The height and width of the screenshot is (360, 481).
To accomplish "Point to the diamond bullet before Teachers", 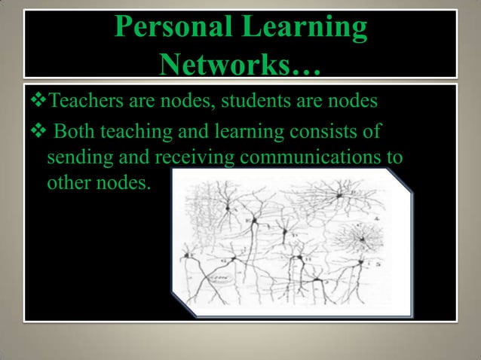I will point(34,99).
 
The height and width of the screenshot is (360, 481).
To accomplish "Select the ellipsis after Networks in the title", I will point(306,70).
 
